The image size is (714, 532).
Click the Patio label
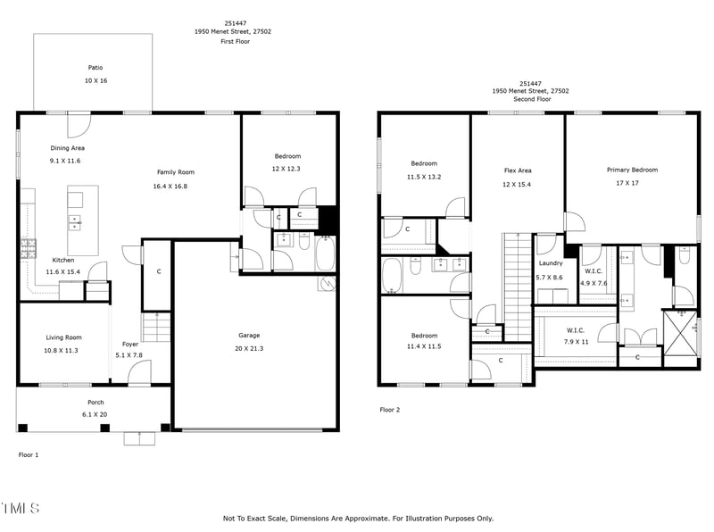[95, 67]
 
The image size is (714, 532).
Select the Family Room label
[176, 172]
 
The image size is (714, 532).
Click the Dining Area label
[67, 148]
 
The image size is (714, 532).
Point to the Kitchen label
[63, 260]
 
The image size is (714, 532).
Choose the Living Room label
[63, 337]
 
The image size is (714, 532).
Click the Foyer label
[130, 344]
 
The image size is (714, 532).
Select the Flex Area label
[518, 170]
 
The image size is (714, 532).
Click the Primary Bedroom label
[632, 170]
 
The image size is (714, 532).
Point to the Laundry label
[550, 264]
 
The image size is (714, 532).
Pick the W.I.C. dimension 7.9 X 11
[575, 342]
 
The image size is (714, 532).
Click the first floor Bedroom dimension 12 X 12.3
[287, 169]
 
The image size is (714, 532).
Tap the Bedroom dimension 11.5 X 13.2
[424, 177]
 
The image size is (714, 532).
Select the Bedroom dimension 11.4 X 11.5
[424, 346]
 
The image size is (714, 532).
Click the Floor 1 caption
[29, 455]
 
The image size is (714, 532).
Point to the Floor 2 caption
[390, 410]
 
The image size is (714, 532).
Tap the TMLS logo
[21, 509]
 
